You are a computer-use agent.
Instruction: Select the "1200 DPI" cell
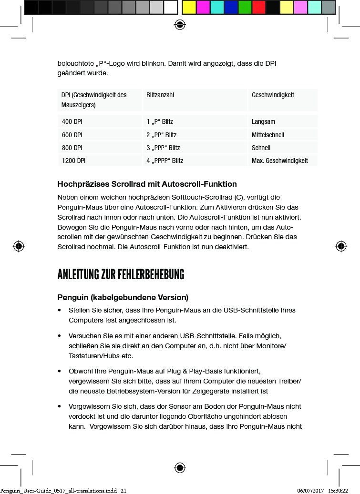pos(73,161)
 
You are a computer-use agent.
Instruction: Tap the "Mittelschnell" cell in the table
pos(267,135)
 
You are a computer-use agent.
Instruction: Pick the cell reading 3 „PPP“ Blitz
pos(163,148)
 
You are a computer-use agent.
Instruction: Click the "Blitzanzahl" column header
pos(160,95)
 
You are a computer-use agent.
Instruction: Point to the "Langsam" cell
pos(263,122)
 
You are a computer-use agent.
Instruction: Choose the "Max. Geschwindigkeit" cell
pos(279,161)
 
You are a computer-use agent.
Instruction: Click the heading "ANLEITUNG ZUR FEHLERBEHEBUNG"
pos(121,275)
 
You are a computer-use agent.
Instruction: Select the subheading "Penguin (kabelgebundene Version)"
pos(123,298)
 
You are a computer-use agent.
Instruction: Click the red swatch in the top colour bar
pos(258,7)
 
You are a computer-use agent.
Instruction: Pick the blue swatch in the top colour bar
pos(231,7)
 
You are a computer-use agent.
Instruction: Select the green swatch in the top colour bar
pos(245,7)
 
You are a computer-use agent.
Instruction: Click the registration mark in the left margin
pos(19,246)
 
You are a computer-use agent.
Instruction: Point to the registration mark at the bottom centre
pos(179,467)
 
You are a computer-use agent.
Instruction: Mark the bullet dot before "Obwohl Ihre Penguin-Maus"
pos(59,371)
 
